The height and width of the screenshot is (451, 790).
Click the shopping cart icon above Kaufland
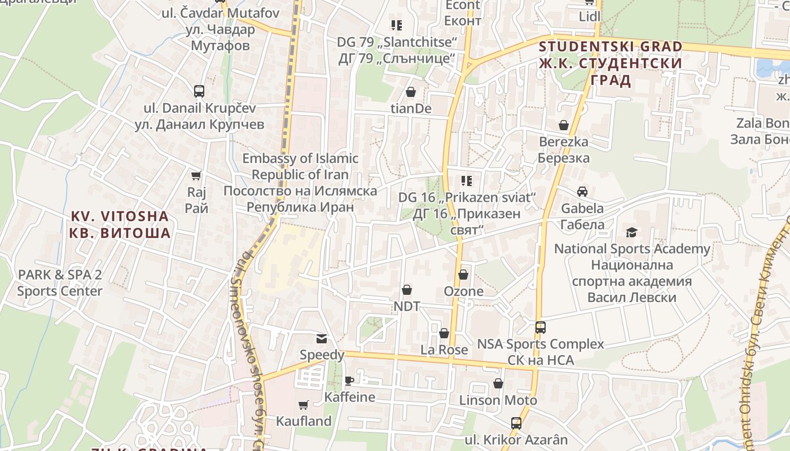click(304, 405)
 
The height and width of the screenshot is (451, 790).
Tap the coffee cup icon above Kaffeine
click(349, 381)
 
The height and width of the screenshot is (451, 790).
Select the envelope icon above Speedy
click(322, 339)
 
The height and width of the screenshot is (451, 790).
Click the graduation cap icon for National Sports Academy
click(631, 232)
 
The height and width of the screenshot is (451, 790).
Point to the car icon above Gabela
click(582, 192)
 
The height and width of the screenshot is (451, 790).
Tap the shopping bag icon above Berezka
click(563, 125)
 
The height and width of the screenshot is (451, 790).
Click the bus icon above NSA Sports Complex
click(541, 328)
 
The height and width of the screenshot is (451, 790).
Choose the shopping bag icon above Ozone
click(463, 275)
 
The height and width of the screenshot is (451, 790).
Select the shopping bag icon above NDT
click(407, 290)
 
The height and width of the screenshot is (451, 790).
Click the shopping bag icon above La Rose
click(444, 333)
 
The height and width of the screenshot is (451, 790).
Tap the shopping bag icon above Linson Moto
click(498, 384)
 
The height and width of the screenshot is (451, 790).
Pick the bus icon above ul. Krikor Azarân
click(516, 423)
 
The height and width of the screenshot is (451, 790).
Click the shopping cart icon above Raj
click(196, 176)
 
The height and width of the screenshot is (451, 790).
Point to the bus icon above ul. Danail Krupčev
click(199, 91)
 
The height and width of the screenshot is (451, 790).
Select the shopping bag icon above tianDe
click(411, 92)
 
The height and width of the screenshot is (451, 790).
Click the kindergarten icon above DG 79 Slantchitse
click(397, 25)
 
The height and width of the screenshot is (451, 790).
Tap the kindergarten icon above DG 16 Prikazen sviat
click(467, 181)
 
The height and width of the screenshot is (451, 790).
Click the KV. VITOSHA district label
click(120, 224)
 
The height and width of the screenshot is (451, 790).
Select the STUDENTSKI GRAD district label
click(611, 63)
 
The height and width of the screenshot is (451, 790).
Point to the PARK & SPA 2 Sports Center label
click(60, 283)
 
